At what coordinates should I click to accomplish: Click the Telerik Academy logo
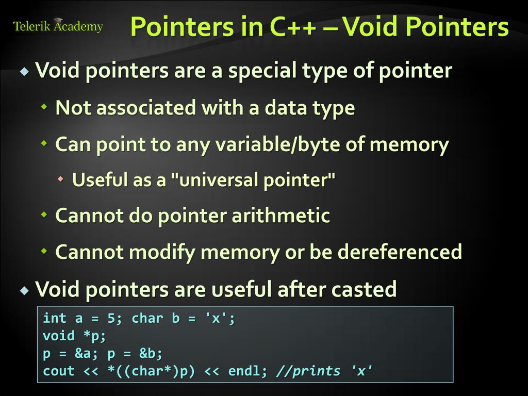(58, 26)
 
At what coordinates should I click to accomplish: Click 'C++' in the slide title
(291, 27)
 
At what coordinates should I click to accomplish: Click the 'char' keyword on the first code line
(147, 319)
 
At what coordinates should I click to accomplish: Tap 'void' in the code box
(59, 336)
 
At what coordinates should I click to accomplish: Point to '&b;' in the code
(151, 354)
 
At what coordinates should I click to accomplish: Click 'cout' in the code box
(59, 371)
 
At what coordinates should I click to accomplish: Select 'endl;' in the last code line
(249, 371)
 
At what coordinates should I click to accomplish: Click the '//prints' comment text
(308, 371)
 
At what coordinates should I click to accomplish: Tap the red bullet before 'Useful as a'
(61, 179)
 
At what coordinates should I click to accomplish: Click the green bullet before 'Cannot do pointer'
(44, 214)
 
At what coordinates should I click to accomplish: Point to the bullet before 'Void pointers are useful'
(24, 290)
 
